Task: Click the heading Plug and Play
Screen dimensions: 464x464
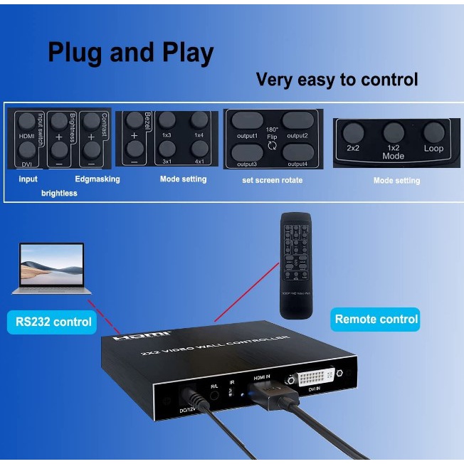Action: point(130,53)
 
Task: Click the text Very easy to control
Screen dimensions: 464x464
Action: point(337,80)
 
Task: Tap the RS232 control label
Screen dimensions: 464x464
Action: point(54,322)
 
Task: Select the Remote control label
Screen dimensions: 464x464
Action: point(376,319)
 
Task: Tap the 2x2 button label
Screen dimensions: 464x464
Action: point(352,149)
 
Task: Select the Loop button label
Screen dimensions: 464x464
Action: point(433,149)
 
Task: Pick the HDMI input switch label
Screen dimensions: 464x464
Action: point(26,135)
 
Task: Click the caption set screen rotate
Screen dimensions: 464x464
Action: point(272,180)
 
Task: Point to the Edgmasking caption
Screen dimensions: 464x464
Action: point(97,179)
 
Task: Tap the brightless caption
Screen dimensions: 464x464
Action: point(59,193)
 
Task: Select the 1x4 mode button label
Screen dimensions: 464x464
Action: point(199,135)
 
